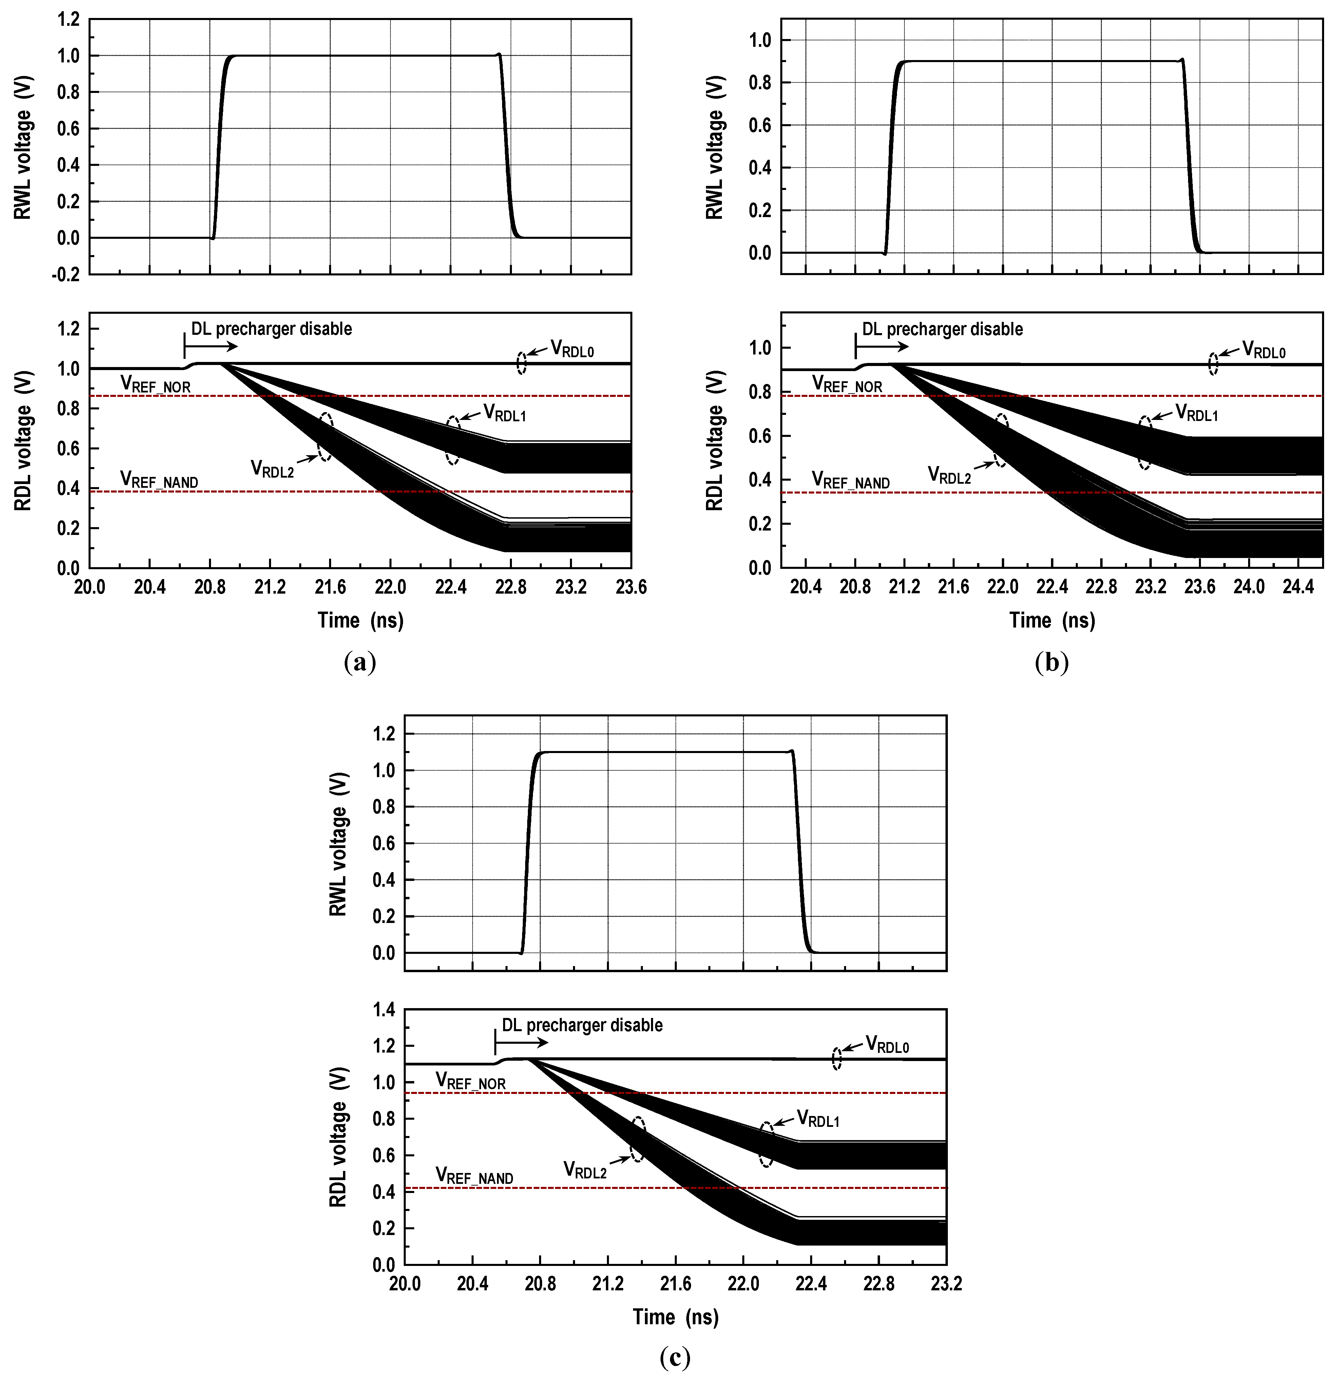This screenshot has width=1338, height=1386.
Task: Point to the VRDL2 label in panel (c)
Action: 585,1170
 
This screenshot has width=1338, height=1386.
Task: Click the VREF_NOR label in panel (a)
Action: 156,384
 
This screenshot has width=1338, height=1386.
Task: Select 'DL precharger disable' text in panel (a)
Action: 271,329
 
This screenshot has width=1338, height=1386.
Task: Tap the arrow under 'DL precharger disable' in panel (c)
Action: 522,1043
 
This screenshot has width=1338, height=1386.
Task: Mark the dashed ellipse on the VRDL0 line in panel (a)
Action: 521,363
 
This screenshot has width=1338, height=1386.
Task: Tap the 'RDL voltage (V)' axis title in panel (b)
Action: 715,440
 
